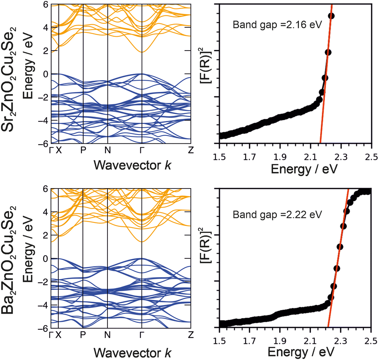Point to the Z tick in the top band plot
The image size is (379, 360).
point(190,150)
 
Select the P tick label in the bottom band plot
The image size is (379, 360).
point(83,335)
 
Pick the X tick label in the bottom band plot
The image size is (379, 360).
point(59,335)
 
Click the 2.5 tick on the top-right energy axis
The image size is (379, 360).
point(371,150)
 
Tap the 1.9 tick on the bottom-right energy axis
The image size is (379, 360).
point(280,335)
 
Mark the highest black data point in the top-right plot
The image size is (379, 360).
point(331,16)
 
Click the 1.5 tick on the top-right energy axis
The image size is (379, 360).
point(219,150)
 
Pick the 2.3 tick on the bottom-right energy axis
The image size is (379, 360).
point(341,335)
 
